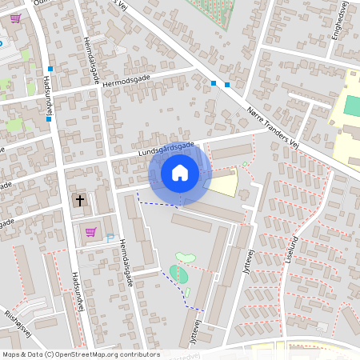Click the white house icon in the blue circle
[180, 173]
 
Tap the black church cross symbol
[79, 199]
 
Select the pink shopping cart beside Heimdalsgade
[90, 232]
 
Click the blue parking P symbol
[110, 238]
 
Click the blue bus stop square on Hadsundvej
[50, 70]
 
